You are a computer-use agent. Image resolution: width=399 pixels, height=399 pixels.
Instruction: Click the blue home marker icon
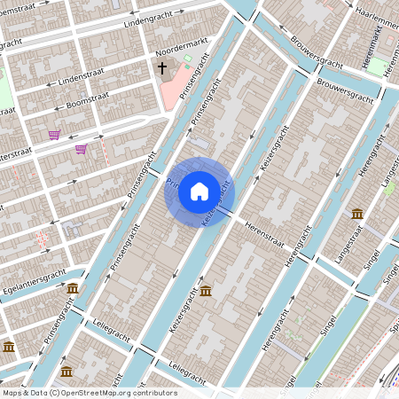coord(199,191)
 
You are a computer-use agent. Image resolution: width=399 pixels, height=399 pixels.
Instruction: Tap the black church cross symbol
coord(162,67)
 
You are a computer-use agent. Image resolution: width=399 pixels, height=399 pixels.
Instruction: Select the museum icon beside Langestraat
coord(356,214)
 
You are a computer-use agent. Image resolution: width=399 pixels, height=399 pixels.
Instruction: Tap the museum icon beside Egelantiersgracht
coord(72,289)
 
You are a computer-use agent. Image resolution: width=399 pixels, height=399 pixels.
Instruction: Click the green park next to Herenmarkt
coord(378,66)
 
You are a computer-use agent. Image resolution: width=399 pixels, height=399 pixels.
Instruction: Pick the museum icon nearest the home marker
coord(206,291)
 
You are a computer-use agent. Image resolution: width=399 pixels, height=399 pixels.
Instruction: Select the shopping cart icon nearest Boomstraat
coord(54,135)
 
